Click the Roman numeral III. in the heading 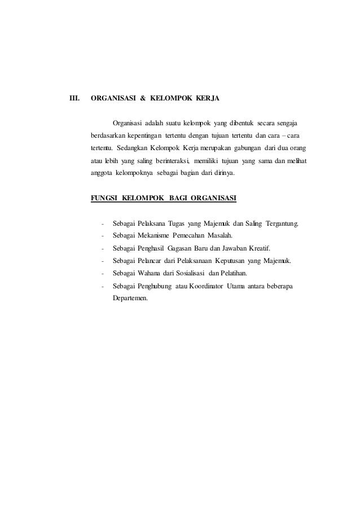coord(74,99)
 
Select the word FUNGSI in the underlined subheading coord(104,199)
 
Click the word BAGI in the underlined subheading coord(178,199)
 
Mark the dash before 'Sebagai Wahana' coord(102,274)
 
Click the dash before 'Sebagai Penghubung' coord(102,286)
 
